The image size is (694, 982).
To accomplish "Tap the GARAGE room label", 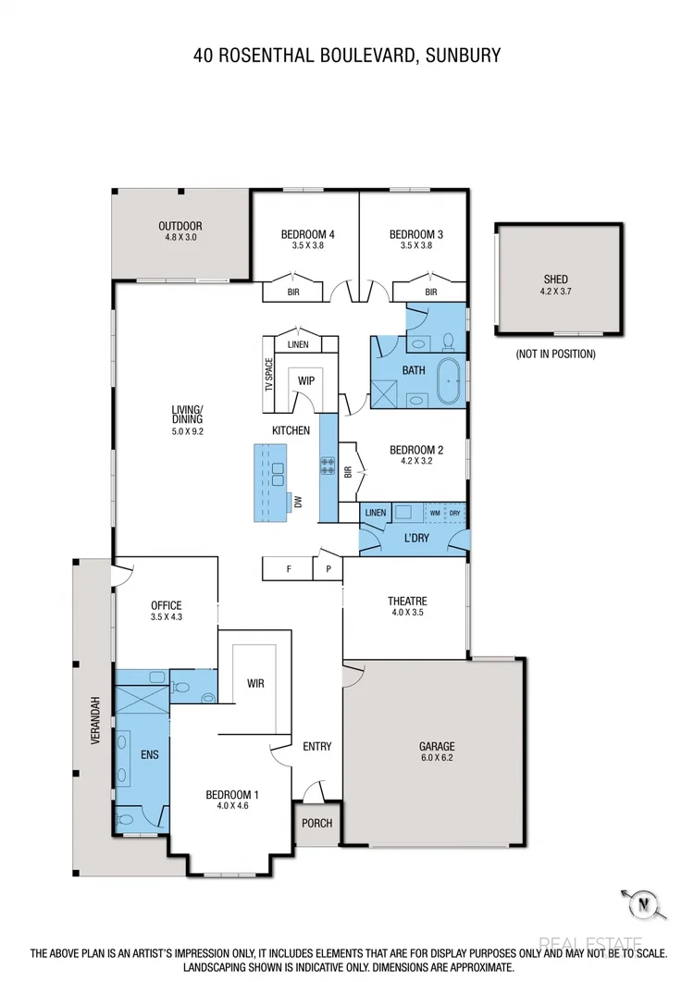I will [x=436, y=746].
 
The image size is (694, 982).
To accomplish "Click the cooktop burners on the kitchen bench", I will [x=327, y=466].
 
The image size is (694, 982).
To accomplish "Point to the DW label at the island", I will [x=298, y=502].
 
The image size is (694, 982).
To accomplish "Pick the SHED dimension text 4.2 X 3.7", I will [x=555, y=292].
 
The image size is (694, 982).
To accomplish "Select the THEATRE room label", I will [x=406, y=601].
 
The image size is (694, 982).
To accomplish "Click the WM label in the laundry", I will [x=434, y=512].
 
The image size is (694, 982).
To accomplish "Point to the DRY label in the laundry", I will [x=454, y=512].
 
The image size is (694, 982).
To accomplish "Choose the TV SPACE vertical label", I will [x=270, y=373].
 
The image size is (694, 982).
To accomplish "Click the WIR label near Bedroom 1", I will [x=256, y=683].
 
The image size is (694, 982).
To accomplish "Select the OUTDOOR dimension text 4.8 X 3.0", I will [x=180, y=238].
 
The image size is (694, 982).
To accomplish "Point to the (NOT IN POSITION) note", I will [x=555, y=354].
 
